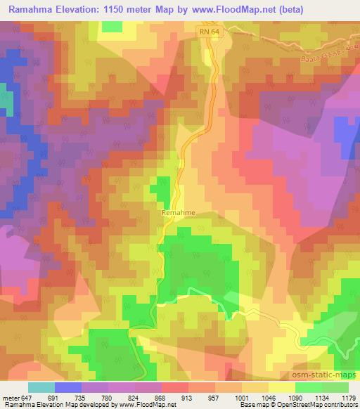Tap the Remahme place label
pos(179,211)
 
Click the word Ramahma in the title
pos(31,10)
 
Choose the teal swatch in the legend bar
pos(41,387)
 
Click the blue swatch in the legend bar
pos(68,387)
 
